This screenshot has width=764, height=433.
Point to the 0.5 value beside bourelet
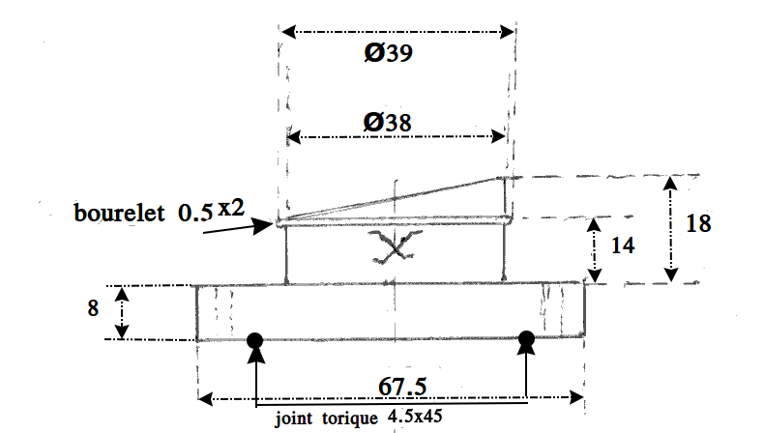[x=195, y=213]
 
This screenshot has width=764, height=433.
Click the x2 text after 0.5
[x=230, y=208]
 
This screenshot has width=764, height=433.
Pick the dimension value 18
[x=698, y=223]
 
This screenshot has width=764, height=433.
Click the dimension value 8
[x=93, y=311]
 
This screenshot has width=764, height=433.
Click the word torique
[x=351, y=419]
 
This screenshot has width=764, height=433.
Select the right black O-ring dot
[x=527, y=339]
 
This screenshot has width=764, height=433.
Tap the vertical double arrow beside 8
[x=121, y=311]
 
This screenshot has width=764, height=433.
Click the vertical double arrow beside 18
[x=671, y=229]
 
